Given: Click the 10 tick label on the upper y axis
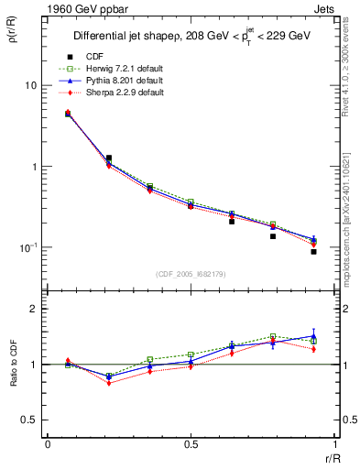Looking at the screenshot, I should tap(30, 85).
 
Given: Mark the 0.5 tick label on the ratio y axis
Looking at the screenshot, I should tap(30, 420).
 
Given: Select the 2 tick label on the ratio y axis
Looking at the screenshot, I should tap(34, 309).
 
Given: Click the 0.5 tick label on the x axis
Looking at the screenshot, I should tap(191, 445).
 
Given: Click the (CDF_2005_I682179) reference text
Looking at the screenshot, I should tap(191, 273).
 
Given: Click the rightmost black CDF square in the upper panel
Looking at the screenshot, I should tap(313, 251).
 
